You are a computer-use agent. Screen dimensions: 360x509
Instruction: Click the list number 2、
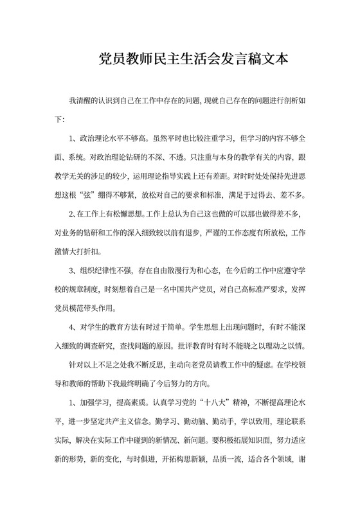tap(73, 213)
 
